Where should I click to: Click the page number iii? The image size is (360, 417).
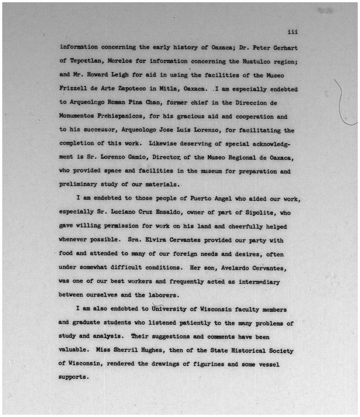point(293,32)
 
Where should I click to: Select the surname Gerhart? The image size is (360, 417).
point(285,48)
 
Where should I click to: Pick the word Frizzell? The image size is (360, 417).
point(73,89)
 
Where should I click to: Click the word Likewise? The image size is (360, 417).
point(162,144)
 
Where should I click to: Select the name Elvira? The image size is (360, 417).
point(156,240)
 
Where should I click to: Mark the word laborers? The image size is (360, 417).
point(163,295)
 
